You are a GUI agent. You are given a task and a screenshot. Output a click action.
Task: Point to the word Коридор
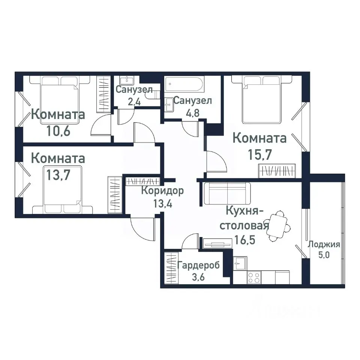pos(162,191)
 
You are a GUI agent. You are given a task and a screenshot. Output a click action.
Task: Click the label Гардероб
pos(199,266)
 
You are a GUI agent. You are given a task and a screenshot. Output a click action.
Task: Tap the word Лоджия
pos(324,245)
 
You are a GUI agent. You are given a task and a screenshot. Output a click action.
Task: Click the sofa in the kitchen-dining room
pos(227,193)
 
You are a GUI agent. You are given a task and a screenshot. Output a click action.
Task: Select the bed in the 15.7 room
pos(262,99)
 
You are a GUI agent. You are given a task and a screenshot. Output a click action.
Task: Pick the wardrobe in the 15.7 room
pos(278,171)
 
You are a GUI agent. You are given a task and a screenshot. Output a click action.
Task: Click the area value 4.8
pos(193,113)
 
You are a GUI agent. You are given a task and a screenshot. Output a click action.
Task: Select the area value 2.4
pos(133,101)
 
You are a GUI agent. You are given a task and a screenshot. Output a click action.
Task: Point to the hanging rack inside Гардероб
pos(171,268)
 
